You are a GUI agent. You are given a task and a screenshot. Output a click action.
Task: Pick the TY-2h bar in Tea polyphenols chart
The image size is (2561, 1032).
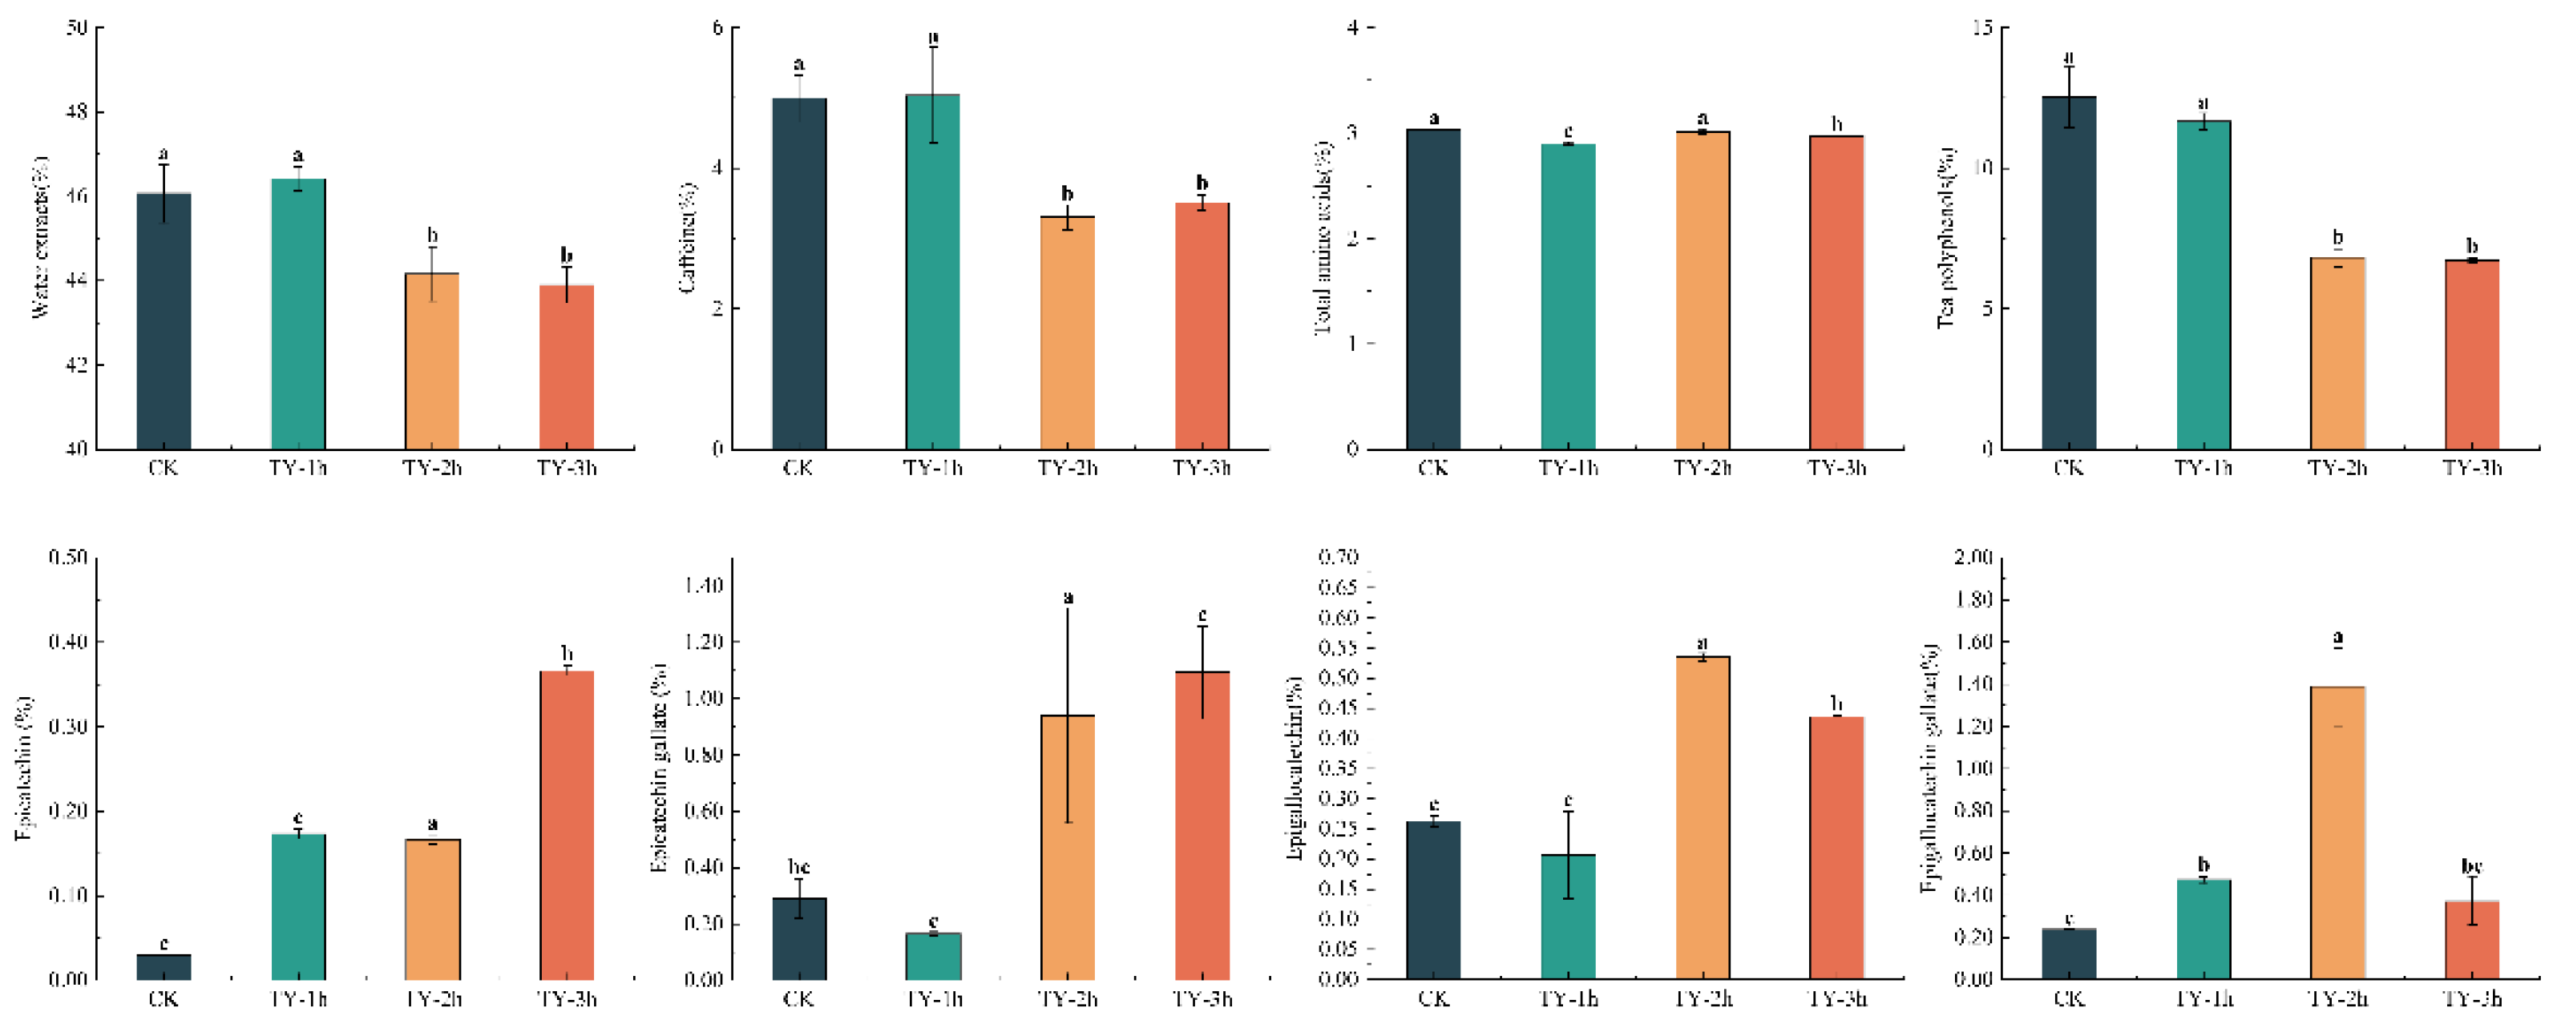[x=2337, y=354]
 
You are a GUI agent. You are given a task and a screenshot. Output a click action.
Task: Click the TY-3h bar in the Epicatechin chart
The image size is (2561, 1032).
[x=567, y=825]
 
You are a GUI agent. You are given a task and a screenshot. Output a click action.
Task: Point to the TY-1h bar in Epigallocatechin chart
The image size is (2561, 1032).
[x=1568, y=917]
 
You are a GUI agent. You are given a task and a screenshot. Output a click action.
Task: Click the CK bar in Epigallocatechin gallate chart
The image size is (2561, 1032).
[x=2069, y=953]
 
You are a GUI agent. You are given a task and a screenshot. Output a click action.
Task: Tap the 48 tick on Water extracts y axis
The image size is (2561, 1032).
[x=77, y=112]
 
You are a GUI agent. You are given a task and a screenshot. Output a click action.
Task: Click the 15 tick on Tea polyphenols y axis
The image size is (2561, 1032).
[x=1982, y=28]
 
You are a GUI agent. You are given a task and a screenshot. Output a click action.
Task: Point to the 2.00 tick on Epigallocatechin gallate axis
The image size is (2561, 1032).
[x=1973, y=558]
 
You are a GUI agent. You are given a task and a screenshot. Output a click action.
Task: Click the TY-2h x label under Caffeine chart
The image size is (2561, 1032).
[x=1068, y=467]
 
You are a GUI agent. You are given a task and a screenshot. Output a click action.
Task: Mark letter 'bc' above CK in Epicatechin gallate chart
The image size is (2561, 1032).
[x=798, y=867]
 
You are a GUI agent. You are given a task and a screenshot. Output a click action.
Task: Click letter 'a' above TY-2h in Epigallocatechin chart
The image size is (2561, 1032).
[x=1702, y=643]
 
